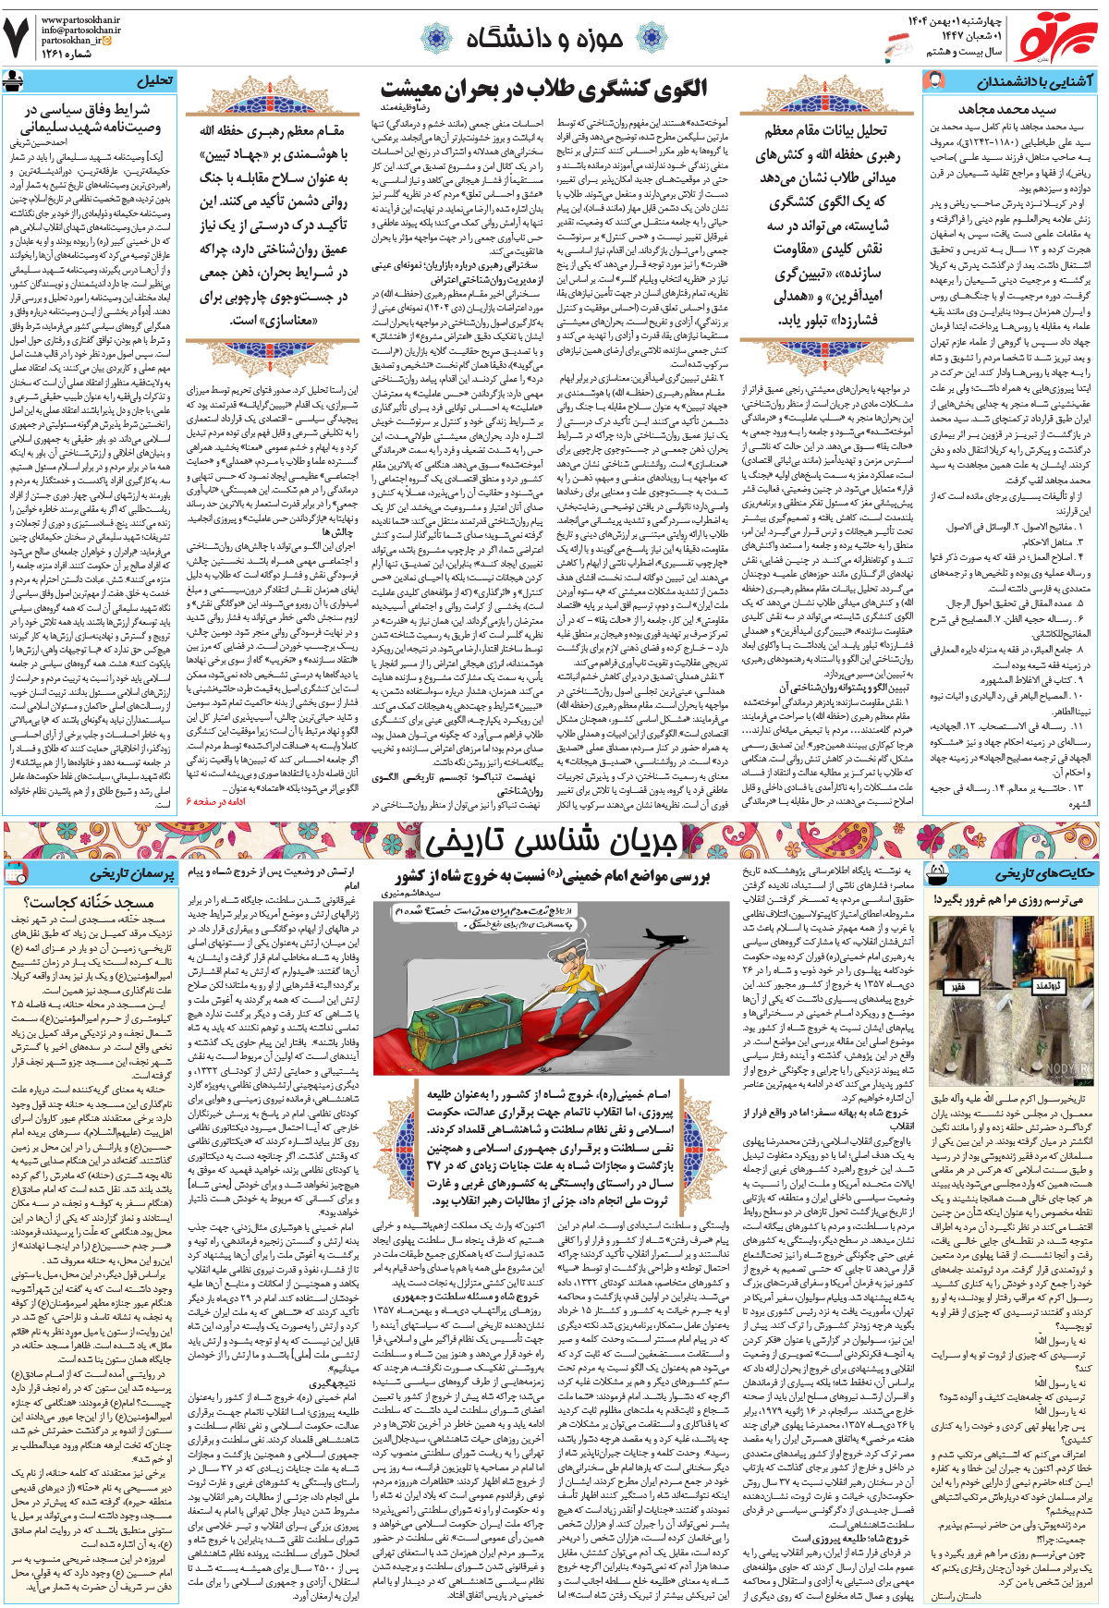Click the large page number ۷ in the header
[18, 37]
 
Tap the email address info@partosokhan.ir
[81, 30]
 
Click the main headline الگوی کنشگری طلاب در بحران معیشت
[544, 89]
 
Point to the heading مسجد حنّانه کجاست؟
[89, 902]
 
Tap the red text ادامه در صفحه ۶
[216, 800]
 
